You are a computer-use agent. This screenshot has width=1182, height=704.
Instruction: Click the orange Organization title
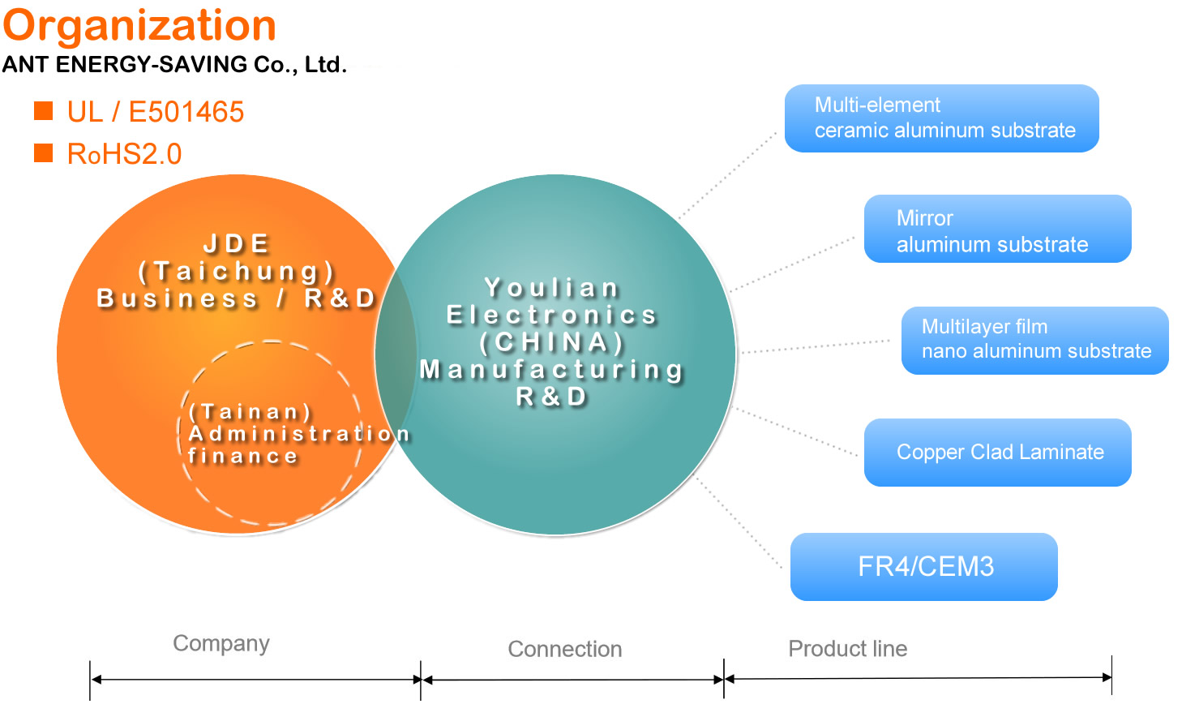[139, 28]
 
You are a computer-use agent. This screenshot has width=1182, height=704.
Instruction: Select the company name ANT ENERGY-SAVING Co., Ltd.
[174, 64]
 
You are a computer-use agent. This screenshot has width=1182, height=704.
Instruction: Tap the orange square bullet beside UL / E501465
[43, 111]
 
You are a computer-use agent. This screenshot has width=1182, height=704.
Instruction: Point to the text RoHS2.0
[125, 154]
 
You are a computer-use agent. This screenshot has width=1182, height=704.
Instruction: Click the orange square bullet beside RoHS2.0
[43, 153]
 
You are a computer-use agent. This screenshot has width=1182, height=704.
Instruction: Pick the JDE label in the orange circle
[237, 244]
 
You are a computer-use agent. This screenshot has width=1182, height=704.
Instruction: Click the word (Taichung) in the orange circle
[237, 272]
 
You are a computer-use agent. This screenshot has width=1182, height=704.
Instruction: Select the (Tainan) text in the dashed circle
[251, 412]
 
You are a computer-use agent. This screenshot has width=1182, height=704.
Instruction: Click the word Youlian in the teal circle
[552, 288]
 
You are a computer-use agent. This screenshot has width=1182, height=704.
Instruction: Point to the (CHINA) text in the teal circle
[552, 342]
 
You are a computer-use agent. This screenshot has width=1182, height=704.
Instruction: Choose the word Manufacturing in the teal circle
[552, 369]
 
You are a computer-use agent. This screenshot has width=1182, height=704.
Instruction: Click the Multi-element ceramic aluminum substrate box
[942, 118]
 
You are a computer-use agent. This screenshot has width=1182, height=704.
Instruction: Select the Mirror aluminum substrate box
[998, 229]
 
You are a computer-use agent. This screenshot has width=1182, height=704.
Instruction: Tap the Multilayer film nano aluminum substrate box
[1035, 341]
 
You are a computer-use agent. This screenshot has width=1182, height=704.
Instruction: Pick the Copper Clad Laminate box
[998, 453]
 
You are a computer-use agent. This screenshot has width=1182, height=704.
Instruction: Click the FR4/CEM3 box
[924, 567]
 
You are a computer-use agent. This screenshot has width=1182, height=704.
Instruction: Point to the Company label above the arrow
[221, 644]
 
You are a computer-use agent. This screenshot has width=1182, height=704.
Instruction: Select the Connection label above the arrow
[565, 649]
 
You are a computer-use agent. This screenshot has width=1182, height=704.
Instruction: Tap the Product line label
[848, 649]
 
